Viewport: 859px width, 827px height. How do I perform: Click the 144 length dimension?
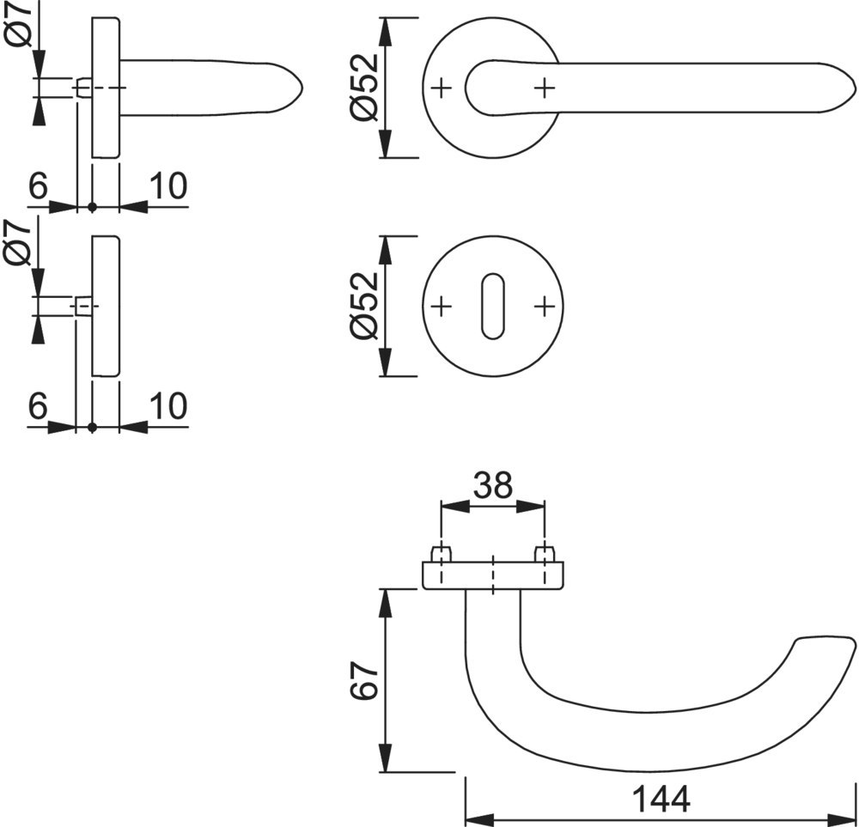coord(661,800)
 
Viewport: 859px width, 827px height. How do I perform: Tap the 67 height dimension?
coord(364,680)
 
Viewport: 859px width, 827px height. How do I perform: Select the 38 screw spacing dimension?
coord(493,485)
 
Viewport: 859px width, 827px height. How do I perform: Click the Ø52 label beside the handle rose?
coord(364,87)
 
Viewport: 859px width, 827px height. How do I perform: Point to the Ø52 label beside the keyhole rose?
coord(364,307)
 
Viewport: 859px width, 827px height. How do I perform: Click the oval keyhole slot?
coord(492,307)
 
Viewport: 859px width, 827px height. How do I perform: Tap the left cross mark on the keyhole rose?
coord(442,307)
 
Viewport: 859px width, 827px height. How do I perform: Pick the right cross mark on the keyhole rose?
coord(544,307)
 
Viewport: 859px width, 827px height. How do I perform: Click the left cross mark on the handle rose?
coord(442,88)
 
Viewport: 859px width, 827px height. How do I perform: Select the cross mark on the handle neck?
coord(544,88)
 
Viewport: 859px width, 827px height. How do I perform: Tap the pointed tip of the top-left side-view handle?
coord(303,88)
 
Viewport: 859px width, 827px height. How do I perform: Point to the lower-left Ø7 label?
coord(20,243)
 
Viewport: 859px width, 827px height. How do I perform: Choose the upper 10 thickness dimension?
coord(168,186)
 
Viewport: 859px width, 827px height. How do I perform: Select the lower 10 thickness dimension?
coord(168,406)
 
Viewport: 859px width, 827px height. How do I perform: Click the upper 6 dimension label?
coord(39,186)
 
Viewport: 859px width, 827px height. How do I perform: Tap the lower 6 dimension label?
coord(39,406)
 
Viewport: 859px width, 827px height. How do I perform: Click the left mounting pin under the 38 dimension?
coord(441,553)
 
